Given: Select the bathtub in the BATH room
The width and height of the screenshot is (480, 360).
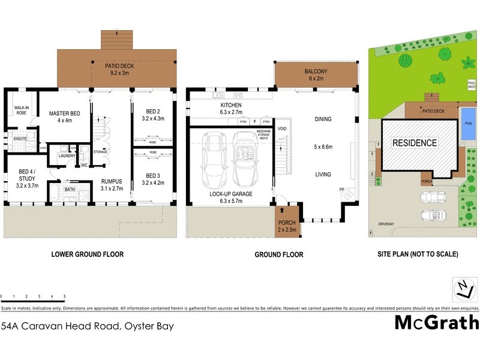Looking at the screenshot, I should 53,193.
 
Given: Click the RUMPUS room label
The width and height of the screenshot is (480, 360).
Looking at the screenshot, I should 111,185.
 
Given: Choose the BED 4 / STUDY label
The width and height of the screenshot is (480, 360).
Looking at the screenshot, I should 27,178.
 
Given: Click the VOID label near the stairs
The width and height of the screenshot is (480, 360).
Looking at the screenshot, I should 282,129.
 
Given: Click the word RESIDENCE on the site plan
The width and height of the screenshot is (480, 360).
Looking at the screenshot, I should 415,143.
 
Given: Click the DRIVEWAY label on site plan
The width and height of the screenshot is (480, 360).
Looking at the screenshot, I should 386,223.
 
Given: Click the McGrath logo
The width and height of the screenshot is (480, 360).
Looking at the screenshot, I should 436,322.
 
